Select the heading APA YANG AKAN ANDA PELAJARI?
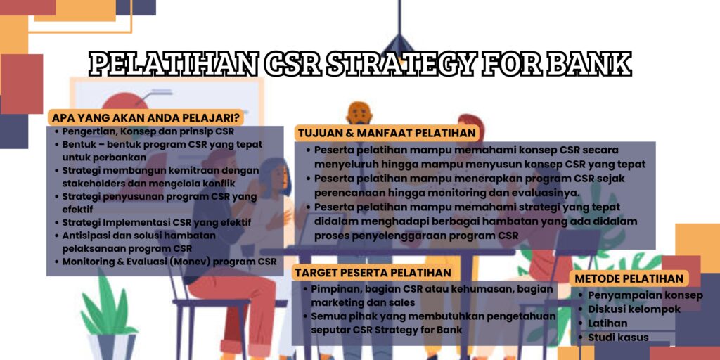tap(145, 117)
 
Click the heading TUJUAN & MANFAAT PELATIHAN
tap(387, 133)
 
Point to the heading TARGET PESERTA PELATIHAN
tap(373, 272)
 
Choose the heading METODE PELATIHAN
tap(629, 278)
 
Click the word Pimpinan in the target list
tap(335, 290)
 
